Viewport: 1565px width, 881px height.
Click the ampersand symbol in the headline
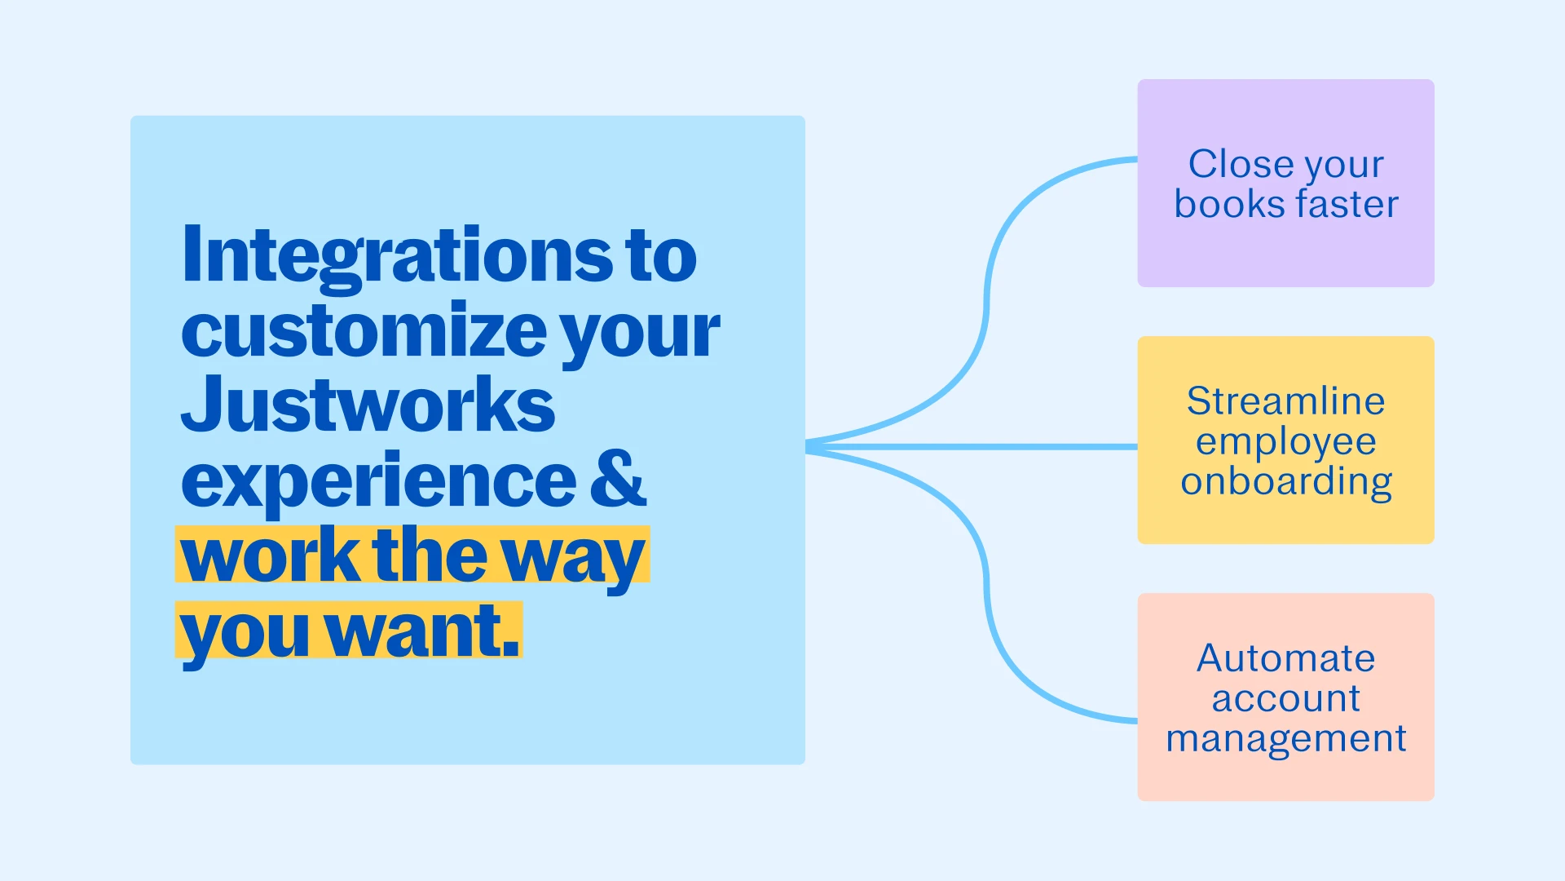tap(619, 479)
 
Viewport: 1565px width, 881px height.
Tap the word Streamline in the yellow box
tap(1286, 401)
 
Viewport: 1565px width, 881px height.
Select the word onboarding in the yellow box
tap(1286, 483)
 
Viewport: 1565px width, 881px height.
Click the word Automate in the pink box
tap(1286, 657)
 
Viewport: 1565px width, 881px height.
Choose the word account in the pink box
tap(1286, 699)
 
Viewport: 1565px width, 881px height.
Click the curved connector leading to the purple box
tap(986, 302)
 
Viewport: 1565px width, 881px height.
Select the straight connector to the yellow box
tap(972, 447)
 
